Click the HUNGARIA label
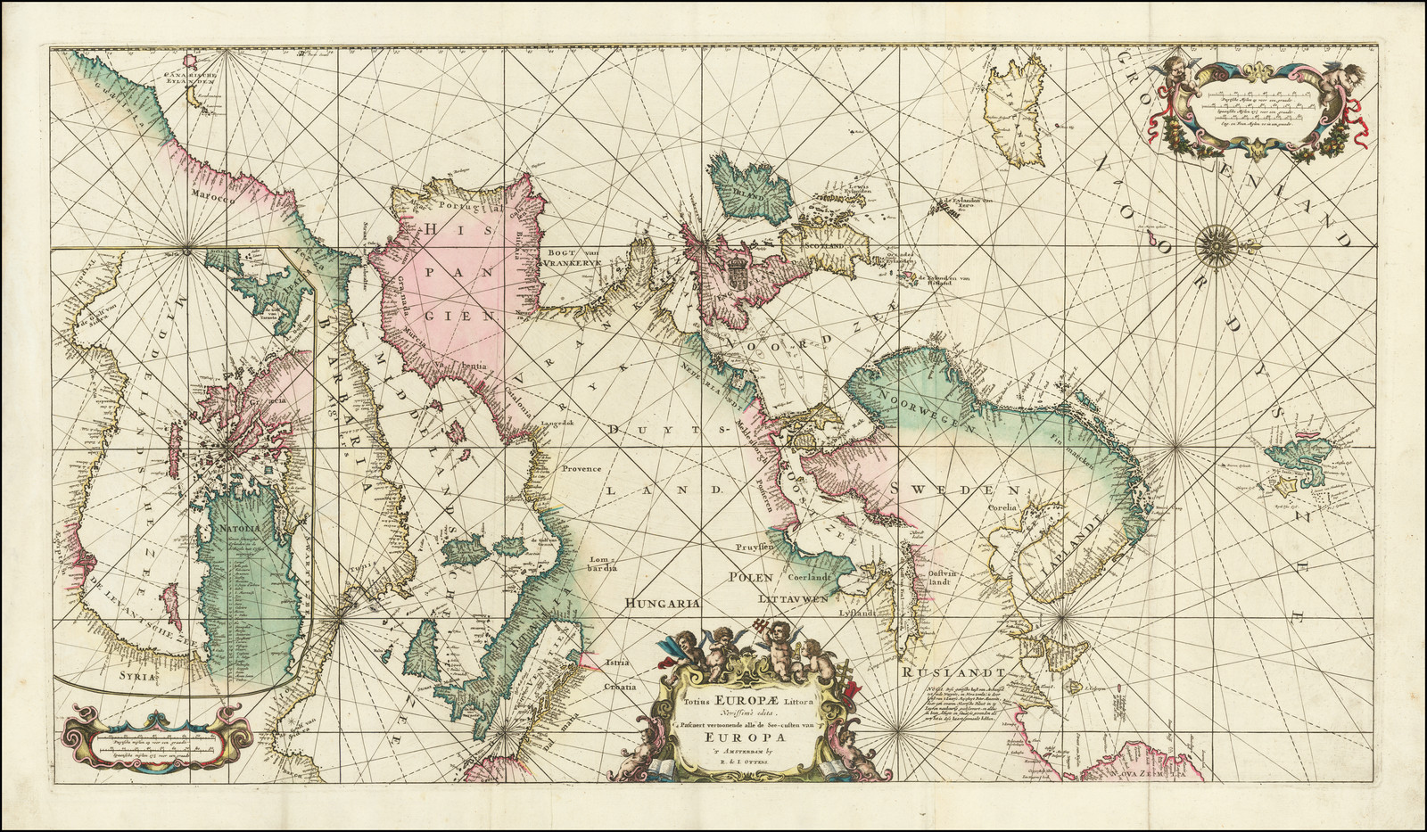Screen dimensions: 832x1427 pyautogui.click(x=660, y=603)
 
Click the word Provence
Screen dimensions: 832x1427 pyautogui.click(x=581, y=468)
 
